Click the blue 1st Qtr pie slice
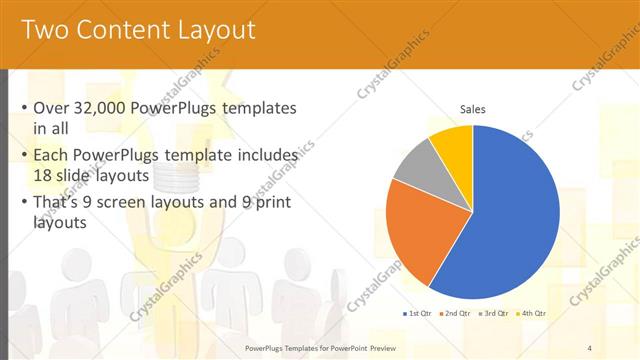click(x=510, y=220)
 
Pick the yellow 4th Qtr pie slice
click(x=453, y=145)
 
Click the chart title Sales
click(x=473, y=109)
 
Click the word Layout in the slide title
click(x=218, y=30)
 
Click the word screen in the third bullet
click(x=153, y=203)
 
